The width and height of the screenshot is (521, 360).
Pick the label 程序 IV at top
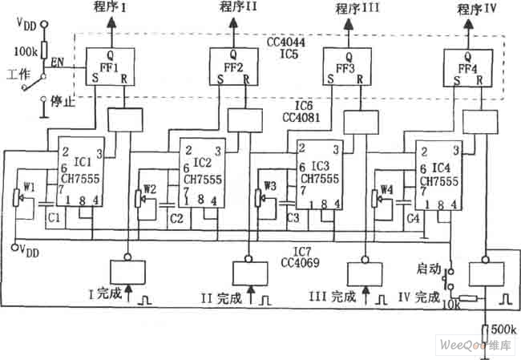pyautogui.click(x=475, y=10)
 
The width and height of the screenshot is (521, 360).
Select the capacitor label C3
pyautogui.click(x=292, y=217)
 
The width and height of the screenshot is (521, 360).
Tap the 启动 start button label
pyautogui.click(x=430, y=267)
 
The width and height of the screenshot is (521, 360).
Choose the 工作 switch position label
pyautogui.click(x=18, y=75)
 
